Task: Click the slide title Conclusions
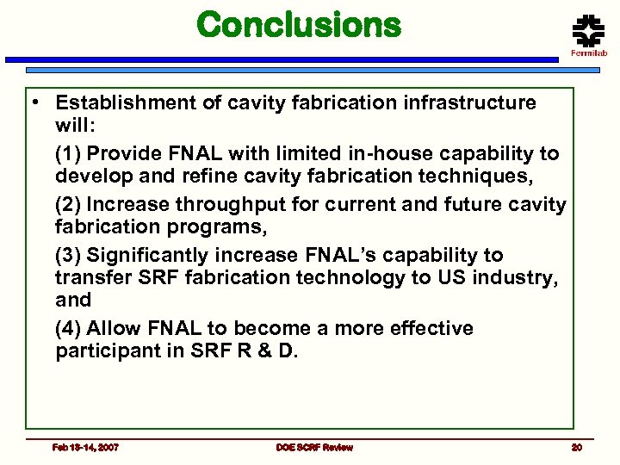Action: coord(299,25)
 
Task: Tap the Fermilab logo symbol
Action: coord(589,32)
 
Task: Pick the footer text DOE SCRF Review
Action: coord(314,447)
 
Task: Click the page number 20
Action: coord(576,447)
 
